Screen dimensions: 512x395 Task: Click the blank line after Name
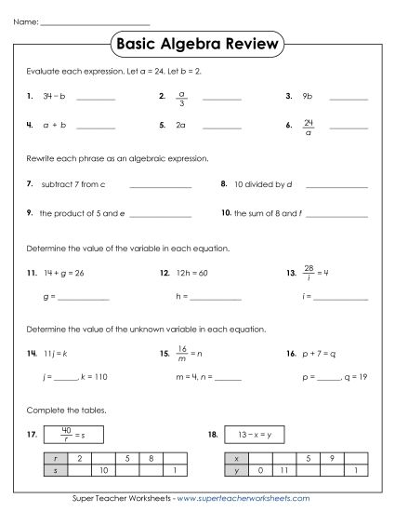coord(95,22)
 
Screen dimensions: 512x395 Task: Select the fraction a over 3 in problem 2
coord(182,96)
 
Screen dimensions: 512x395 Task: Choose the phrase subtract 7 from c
coord(72,185)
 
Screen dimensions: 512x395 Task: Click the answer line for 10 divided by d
coord(336,188)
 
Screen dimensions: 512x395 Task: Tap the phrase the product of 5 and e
coord(82,213)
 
